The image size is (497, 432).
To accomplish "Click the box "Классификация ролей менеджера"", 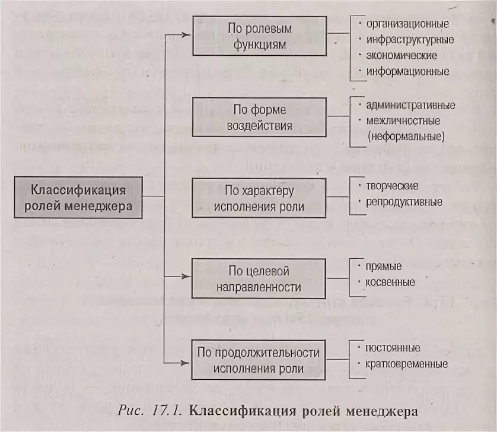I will [x=78, y=198].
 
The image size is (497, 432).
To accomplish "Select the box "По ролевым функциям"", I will [x=259, y=36].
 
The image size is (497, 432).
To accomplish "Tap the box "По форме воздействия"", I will [x=259, y=117].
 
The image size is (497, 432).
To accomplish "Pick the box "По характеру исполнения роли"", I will [x=259, y=198].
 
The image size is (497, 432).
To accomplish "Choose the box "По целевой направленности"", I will [x=259, y=279].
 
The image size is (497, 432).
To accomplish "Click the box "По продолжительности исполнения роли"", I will [x=259, y=360].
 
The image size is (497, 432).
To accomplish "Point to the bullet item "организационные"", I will [x=407, y=24].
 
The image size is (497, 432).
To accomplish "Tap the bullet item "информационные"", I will [x=407, y=71].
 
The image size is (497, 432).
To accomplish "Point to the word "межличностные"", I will [x=403, y=120].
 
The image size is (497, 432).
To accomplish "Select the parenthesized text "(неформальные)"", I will [x=405, y=136].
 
